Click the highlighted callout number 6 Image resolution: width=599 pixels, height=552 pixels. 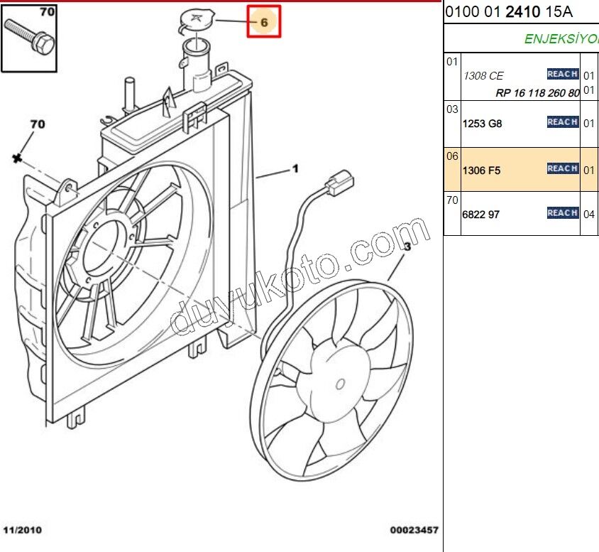[x=264, y=22]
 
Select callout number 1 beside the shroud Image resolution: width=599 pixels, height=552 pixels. [x=295, y=169]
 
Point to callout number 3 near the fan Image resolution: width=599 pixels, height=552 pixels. [x=407, y=247]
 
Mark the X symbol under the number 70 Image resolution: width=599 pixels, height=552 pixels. [x=16, y=158]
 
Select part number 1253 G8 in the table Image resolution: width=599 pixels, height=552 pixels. [x=482, y=124]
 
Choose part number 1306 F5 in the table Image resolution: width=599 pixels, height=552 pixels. [x=482, y=171]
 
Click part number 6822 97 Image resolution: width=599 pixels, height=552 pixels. [x=480, y=214]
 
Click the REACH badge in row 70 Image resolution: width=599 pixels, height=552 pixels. [x=562, y=212]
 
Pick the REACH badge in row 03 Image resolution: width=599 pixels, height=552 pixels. [x=562, y=122]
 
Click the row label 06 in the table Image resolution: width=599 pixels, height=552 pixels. [x=452, y=156]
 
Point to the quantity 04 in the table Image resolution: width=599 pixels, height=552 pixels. [x=589, y=214]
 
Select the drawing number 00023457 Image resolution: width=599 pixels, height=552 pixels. [x=414, y=530]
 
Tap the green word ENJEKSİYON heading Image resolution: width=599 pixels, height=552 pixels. [x=561, y=39]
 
